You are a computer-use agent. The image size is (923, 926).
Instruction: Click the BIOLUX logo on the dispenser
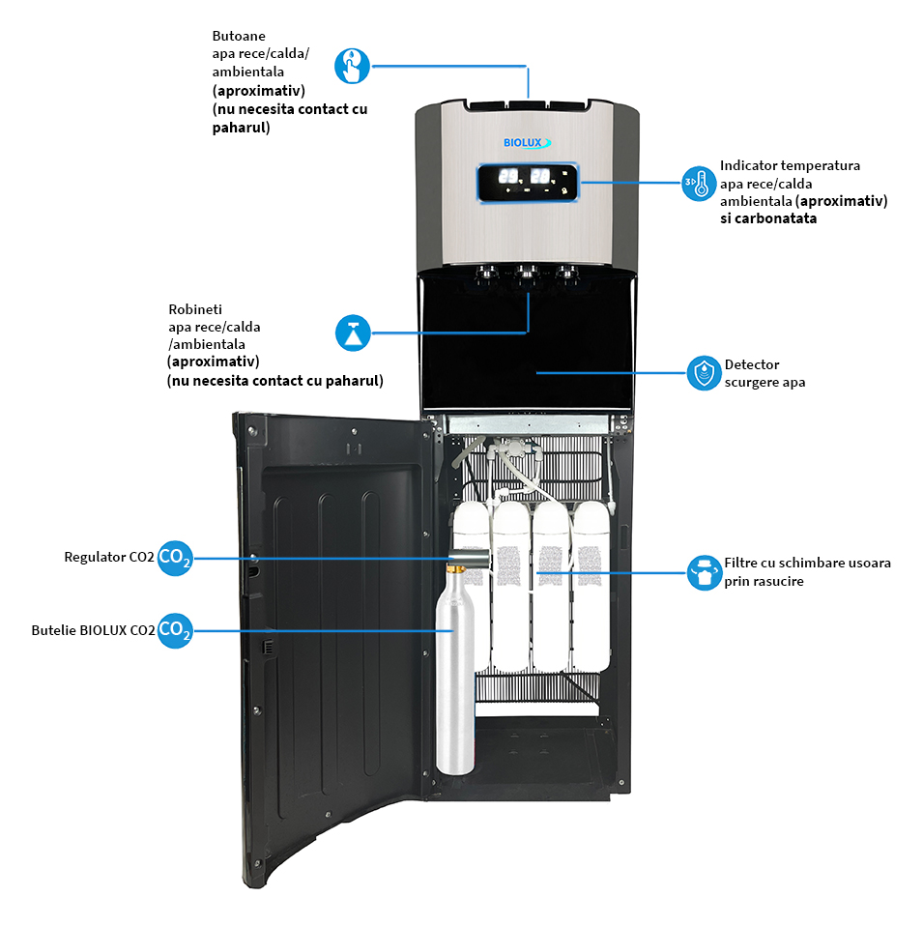(x=527, y=142)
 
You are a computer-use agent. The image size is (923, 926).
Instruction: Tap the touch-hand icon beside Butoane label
(x=353, y=67)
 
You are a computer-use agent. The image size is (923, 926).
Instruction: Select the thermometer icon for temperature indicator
(x=699, y=183)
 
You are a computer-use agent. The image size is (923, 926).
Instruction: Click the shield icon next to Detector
(x=704, y=373)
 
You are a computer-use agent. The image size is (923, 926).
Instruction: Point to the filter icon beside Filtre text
(x=704, y=572)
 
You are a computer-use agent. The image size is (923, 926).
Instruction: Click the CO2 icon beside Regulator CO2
(x=175, y=558)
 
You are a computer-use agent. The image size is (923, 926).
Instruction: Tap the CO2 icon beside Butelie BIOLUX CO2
(x=175, y=630)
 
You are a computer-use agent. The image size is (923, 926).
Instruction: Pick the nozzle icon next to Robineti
(x=353, y=333)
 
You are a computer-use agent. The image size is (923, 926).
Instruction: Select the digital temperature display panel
(x=527, y=182)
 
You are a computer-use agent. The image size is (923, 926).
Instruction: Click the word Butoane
(x=238, y=36)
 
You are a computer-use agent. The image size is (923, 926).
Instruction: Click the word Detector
(x=752, y=365)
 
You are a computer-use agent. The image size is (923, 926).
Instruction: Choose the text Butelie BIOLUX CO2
(x=93, y=630)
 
